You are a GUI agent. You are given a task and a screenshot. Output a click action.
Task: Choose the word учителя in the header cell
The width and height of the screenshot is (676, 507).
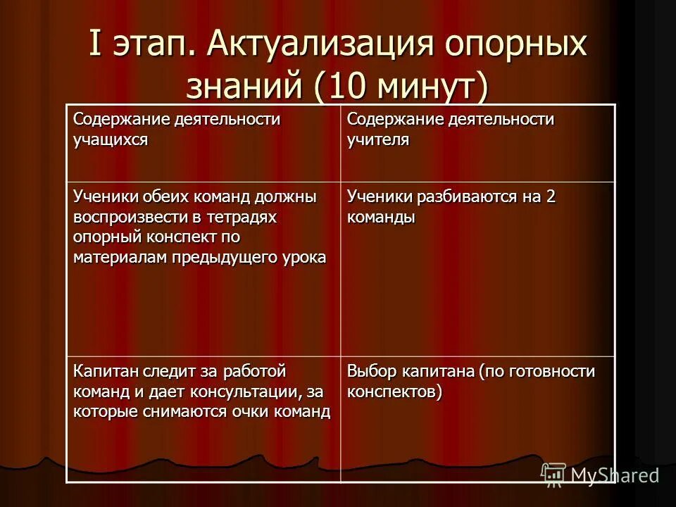[x=378, y=139]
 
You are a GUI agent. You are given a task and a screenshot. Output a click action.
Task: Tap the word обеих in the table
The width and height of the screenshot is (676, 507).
[x=162, y=197]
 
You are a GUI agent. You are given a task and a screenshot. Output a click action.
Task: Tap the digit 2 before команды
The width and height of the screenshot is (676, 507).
[x=551, y=197]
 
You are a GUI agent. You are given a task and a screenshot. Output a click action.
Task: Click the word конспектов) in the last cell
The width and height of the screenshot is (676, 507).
[x=394, y=392]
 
